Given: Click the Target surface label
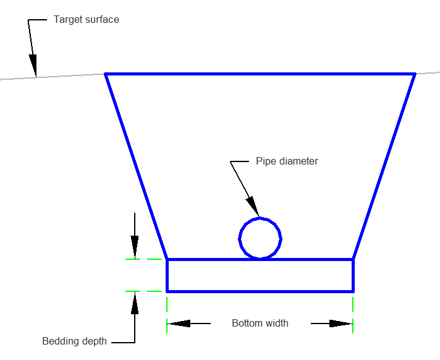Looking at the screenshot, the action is pos(86,20).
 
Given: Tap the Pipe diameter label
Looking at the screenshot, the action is pos(287,161).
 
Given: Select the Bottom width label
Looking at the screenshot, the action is pos(260,324).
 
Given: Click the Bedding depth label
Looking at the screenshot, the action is pos(74,341).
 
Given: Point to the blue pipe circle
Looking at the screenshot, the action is pos(239,239).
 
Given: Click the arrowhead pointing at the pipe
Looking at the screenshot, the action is pos(253,207).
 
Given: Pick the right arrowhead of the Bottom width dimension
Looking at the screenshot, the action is pos(341,324).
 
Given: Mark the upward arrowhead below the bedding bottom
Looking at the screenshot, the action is pos(135,302).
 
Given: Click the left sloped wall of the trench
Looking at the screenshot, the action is pos(136,166).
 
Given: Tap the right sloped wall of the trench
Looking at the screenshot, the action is pos(384,166).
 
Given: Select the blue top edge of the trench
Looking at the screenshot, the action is pos(260,74).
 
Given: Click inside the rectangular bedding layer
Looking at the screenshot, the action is pos(260,275).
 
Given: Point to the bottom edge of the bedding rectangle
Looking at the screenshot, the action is pos(260,291).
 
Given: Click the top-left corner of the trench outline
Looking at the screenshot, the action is pos(105,74).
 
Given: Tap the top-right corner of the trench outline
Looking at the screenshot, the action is pos(415,74).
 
